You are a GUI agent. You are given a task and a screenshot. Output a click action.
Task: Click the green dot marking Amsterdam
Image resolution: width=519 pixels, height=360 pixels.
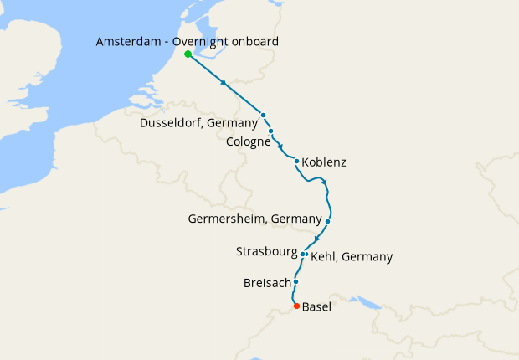coord(188,54)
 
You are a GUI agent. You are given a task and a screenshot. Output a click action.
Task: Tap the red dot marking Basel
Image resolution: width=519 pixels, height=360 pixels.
coord(295,306)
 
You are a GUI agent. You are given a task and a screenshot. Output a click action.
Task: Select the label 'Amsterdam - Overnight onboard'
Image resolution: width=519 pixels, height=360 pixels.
coord(188,41)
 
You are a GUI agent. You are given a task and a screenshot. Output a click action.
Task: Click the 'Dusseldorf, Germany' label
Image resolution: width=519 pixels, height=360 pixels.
coord(199,123)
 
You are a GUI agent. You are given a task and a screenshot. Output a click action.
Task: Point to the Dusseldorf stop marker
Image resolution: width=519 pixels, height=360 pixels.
coord(263,115)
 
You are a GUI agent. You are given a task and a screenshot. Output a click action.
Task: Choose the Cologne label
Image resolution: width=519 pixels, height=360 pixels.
coord(249,142)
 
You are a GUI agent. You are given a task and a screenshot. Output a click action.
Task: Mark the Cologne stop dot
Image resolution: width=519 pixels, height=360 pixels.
coord(271,131)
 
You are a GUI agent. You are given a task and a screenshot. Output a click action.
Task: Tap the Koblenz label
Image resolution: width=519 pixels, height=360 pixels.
coord(323,162)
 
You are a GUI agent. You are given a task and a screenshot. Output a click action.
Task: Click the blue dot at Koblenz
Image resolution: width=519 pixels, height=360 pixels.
coord(296,161)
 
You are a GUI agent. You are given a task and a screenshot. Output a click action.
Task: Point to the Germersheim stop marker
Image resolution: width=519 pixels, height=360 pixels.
coord(328,222)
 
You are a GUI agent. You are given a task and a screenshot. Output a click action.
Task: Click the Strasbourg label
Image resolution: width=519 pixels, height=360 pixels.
coord(266,251)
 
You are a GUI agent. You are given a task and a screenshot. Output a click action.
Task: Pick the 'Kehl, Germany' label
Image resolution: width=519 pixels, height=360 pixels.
coord(352,257)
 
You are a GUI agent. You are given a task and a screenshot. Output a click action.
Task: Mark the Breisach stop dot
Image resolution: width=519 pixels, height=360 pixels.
coord(295,282)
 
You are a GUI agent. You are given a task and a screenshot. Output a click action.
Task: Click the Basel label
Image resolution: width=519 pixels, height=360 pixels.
coord(316,307)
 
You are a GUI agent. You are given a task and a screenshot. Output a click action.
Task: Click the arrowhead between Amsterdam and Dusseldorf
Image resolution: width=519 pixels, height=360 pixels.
coord(224,84)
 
